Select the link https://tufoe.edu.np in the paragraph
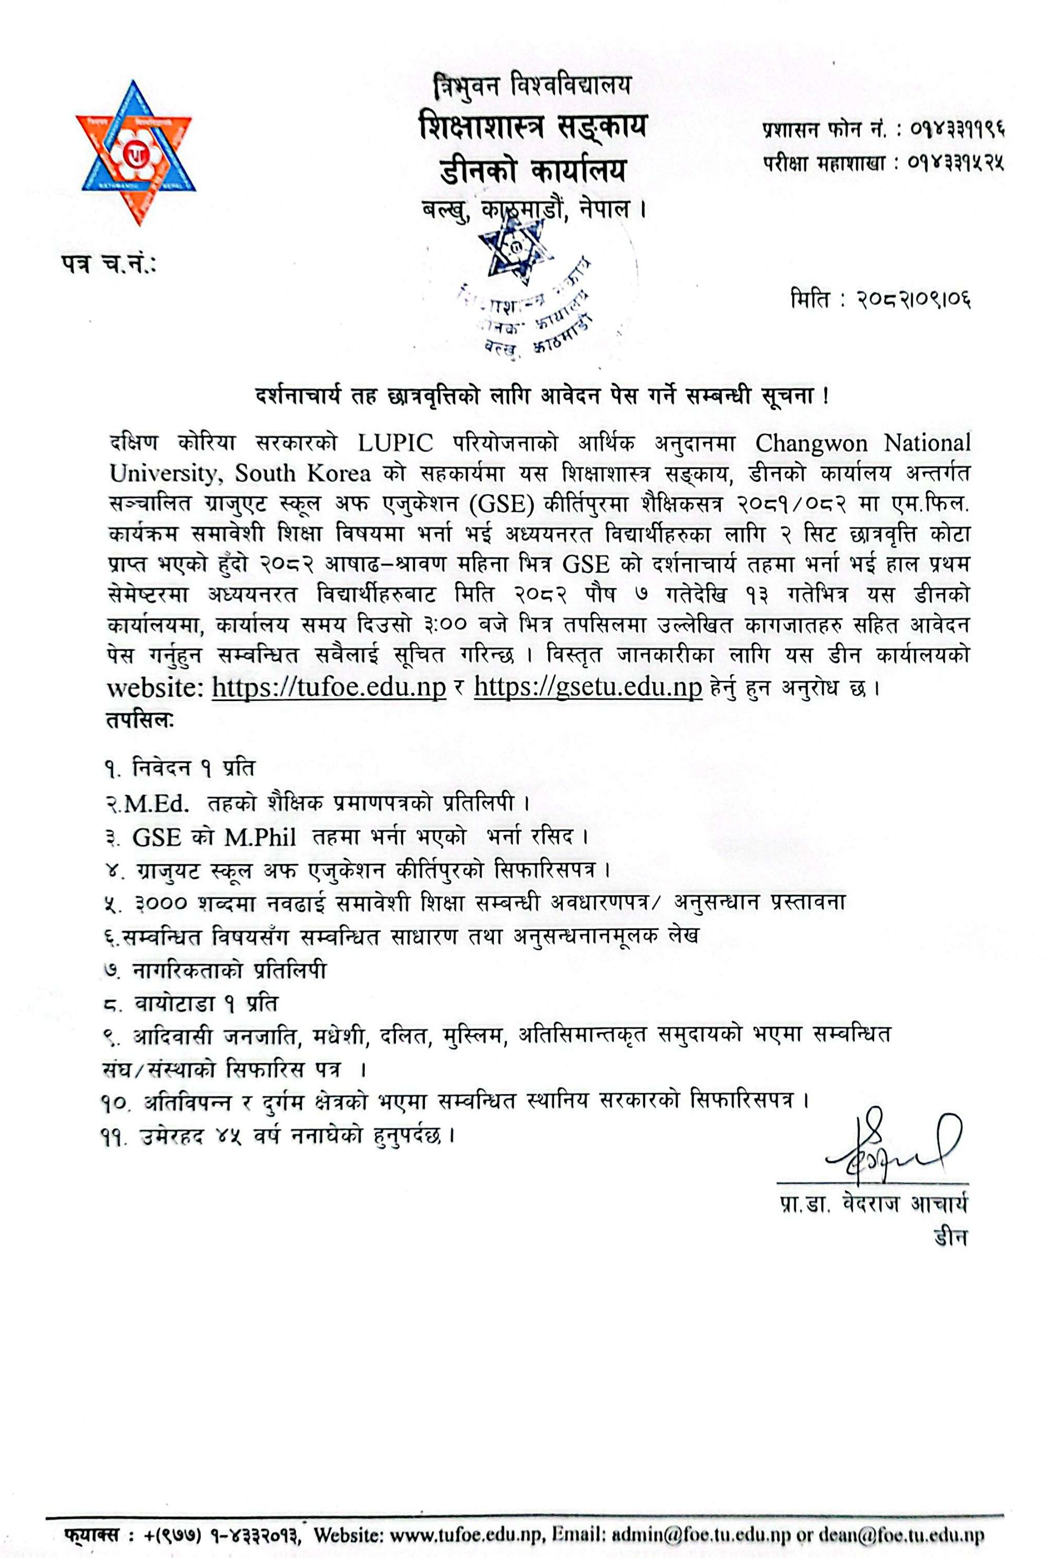(x=329, y=687)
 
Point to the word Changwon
(x=814, y=443)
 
